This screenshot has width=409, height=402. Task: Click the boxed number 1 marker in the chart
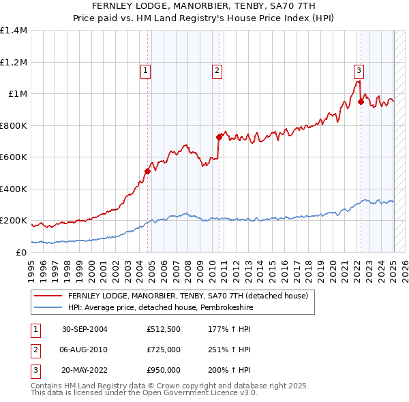click(x=146, y=69)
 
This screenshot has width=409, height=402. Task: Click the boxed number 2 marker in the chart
click(x=217, y=69)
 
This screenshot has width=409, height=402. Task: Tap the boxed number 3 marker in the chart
click(x=359, y=69)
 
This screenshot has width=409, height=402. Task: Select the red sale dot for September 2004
click(x=147, y=171)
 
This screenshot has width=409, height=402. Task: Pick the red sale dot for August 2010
click(x=219, y=137)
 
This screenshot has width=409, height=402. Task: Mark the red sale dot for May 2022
click(x=361, y=102)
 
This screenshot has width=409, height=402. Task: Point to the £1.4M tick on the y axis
click(x=14, y=31)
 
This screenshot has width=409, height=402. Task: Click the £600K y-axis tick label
click(x=14, y=157)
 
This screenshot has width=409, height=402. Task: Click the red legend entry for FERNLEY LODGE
click(x=188, y=296)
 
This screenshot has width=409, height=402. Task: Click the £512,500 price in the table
click(x=163, y=329)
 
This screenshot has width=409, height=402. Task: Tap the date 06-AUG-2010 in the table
click(x=85, y=350)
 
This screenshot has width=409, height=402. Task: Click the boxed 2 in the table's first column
click(x=35, y=350)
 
